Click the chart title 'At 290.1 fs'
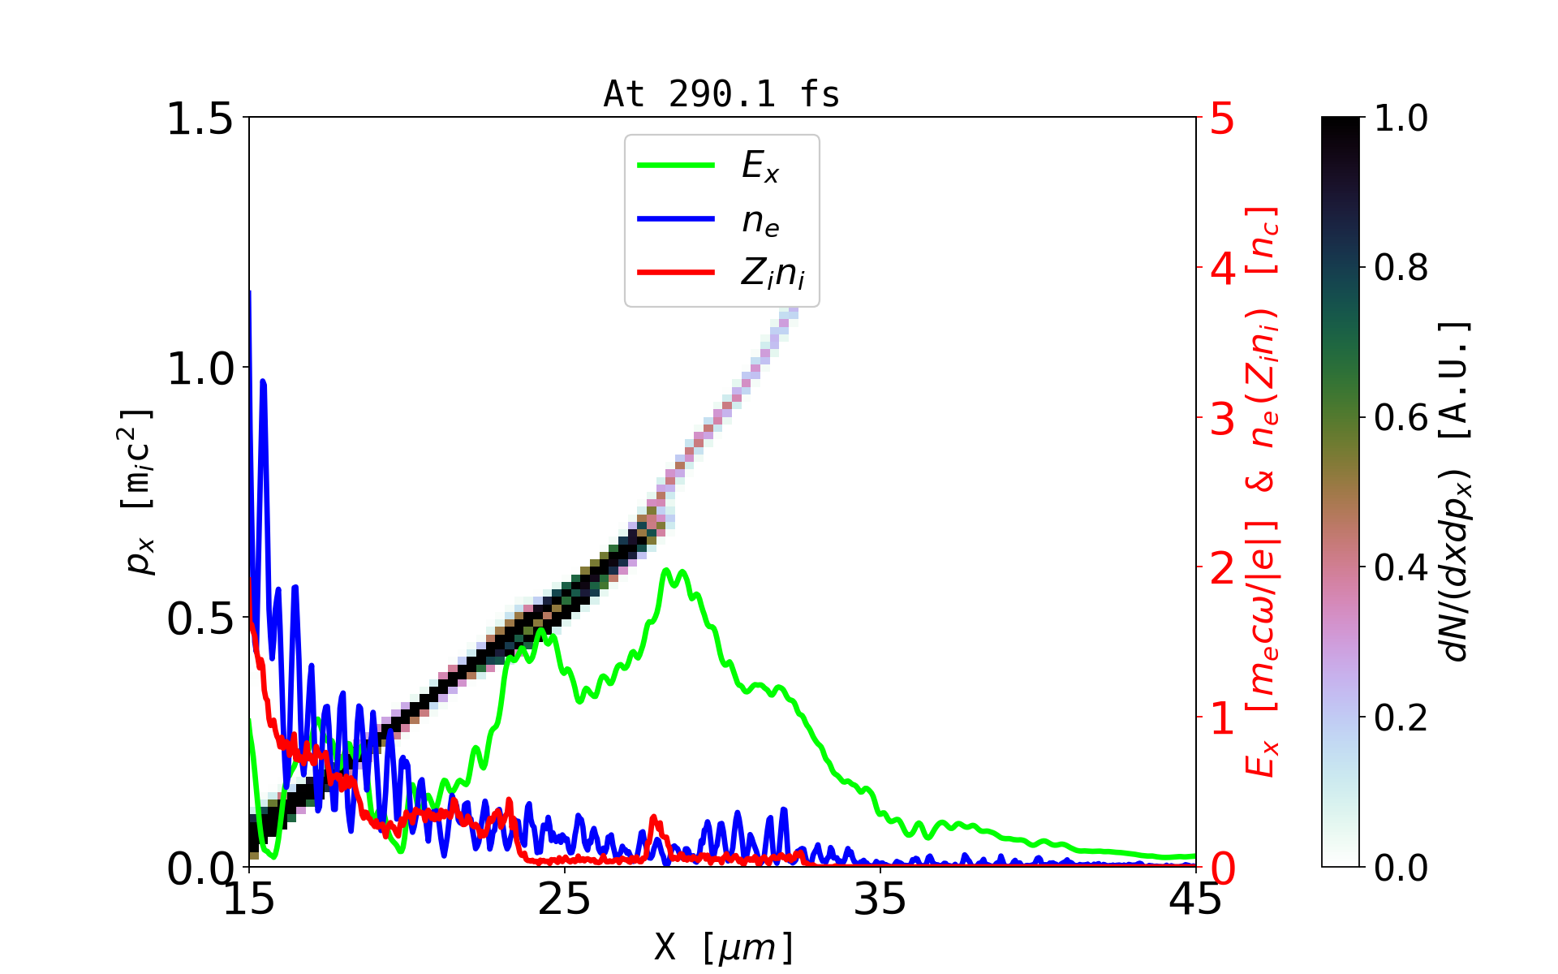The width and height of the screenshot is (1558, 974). (721, 95)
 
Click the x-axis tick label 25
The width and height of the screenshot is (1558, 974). (565, 899)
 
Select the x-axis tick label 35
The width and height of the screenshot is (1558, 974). (880, 899)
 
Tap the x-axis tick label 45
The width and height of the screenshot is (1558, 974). (1195, 899)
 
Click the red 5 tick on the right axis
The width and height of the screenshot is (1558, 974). (1222, 119)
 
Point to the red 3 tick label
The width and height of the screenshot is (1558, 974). (1222, 419)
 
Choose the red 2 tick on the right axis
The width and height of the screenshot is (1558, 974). (1222, 569)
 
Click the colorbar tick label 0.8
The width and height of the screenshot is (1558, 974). (1401, 268)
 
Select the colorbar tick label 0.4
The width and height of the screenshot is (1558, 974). (1401, 568)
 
